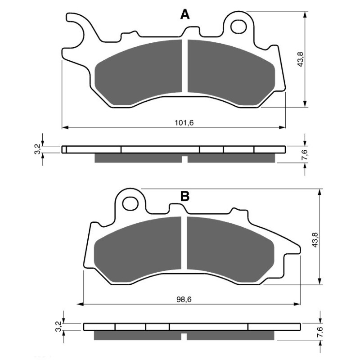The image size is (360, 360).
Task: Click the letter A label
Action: coord(185,15)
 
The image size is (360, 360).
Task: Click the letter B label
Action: coord(184,196)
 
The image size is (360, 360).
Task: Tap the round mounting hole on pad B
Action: coord(131,203)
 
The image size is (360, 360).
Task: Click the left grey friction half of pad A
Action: coord(139,72)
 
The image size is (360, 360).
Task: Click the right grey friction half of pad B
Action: coord(229,247)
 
